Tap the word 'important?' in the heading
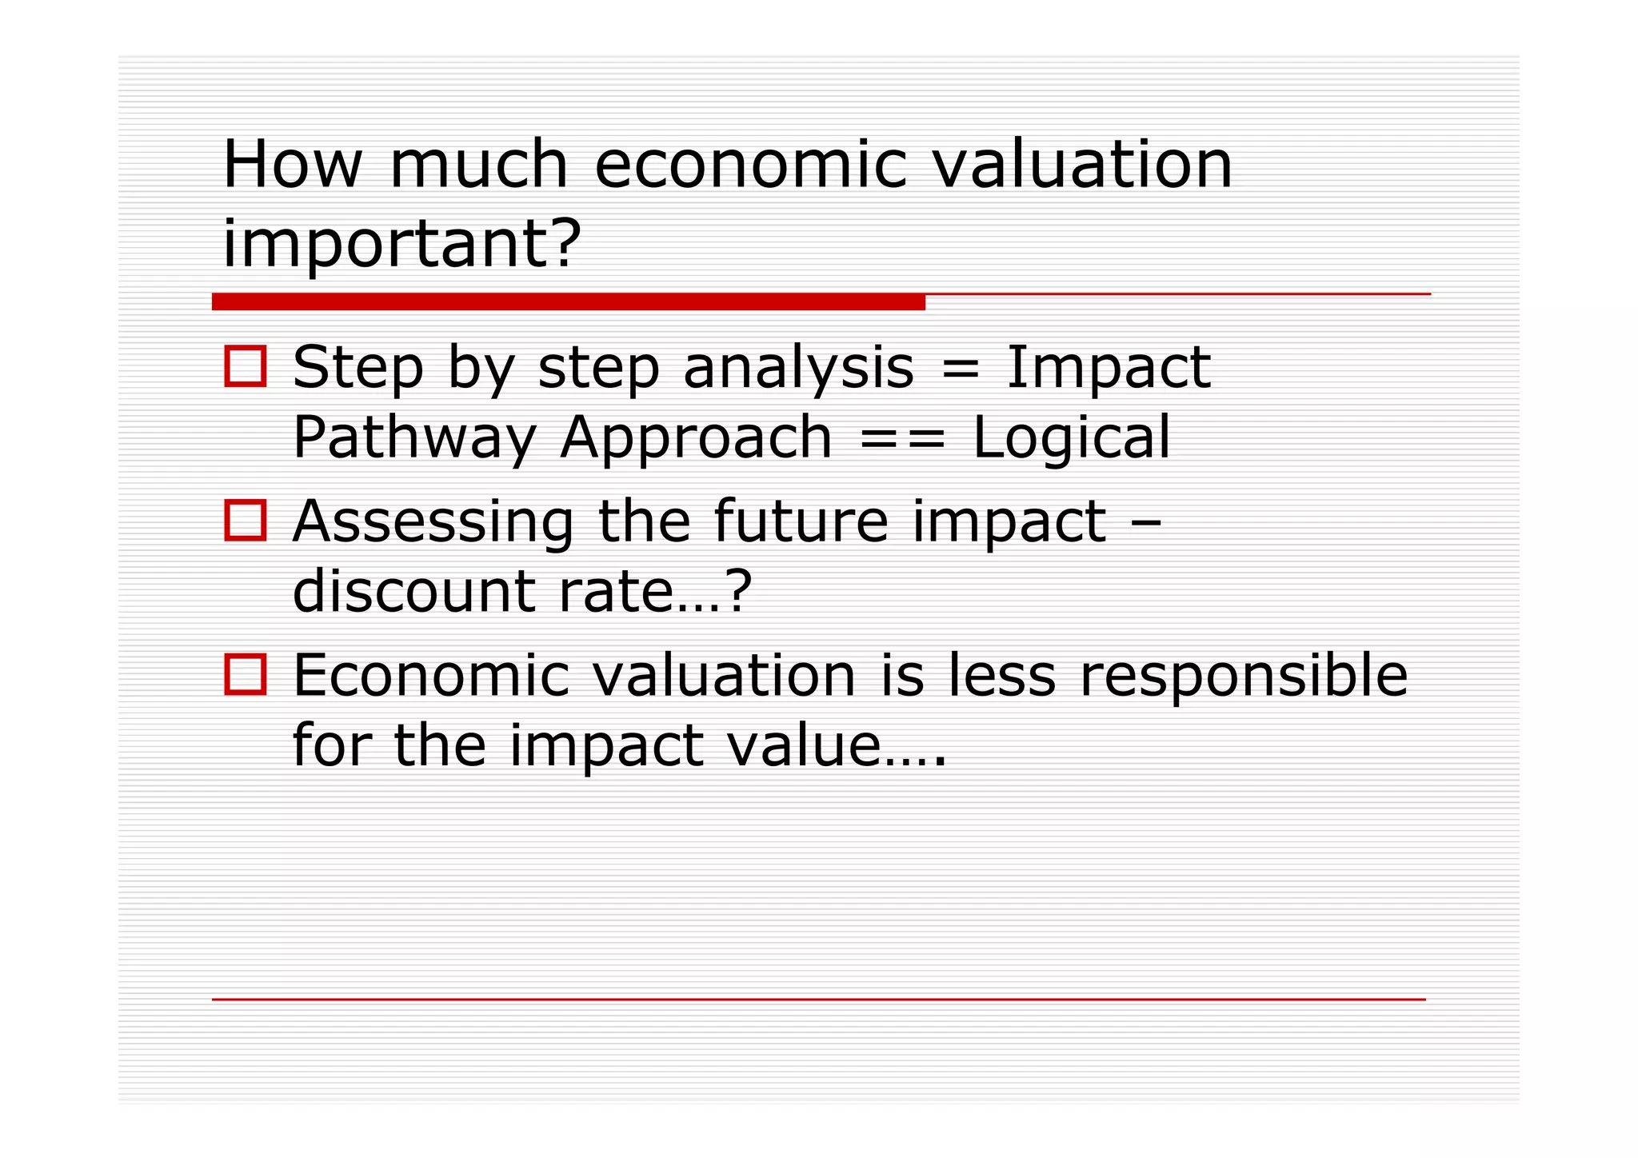coord(401,244)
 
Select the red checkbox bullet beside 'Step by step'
coord(245,367)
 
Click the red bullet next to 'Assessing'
coord(245,521)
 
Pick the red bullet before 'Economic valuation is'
coord(245,675)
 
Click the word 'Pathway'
coord(414,439)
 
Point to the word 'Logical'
coord(1071,437)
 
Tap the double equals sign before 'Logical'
coord(902,439)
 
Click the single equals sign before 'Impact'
coord(960,369)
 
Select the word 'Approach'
coord(696,439)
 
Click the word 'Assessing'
coord(433,522)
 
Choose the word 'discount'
coord(413,591)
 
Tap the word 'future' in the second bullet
coord(800,521)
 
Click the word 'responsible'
coord(1243,677)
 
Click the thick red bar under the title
coord(568,301)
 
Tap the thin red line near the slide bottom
coord(818,999)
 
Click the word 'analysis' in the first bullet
coord(798,369)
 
